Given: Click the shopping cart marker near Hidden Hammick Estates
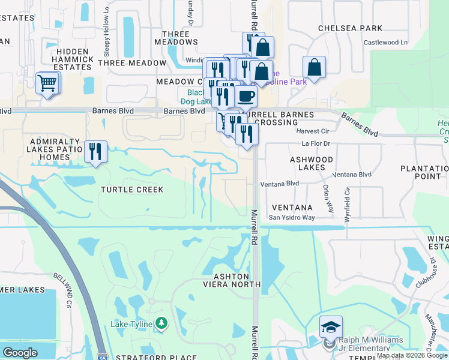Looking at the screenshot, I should coord(47,84).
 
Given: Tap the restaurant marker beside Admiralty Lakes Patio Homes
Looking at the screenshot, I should coord(95,152).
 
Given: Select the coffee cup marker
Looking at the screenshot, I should coord(245,96).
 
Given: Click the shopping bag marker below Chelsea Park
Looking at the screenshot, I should coord(314,67).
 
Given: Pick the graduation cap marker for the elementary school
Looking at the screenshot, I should coord(331,327).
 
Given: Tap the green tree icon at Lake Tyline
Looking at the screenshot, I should coord(161,324).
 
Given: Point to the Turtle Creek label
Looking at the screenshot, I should coord(131,190).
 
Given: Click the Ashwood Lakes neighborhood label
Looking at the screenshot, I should coord(312,163).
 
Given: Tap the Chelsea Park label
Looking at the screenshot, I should coord(350,28).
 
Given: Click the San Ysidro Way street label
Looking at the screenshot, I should coord(291,218).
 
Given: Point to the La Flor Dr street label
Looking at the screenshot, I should coord(316,144).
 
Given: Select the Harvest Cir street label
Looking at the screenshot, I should coord(313,131).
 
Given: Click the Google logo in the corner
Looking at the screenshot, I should coord(20,353).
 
